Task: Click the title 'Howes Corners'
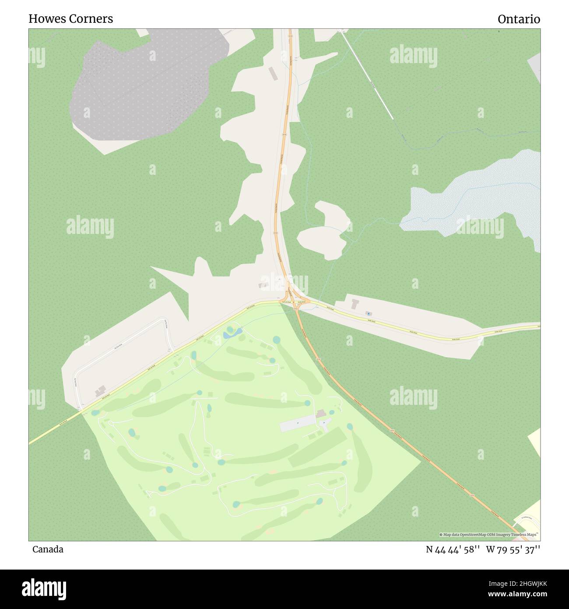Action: [x=70, y=19]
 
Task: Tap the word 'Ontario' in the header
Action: [x=519, y=19]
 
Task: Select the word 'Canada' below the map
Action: [x=48, y=549]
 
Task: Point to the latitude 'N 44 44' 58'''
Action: [x=450, y=549]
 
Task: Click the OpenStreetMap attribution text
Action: [x=489, y=535]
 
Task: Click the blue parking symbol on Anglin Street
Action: [x=369, y=313]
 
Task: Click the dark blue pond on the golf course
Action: [x=232, y=334]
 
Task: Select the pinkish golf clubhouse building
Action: [x=321, y=414]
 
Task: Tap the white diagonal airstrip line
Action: [x=368, y=74]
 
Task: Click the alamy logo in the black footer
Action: [x=44, y=589]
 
